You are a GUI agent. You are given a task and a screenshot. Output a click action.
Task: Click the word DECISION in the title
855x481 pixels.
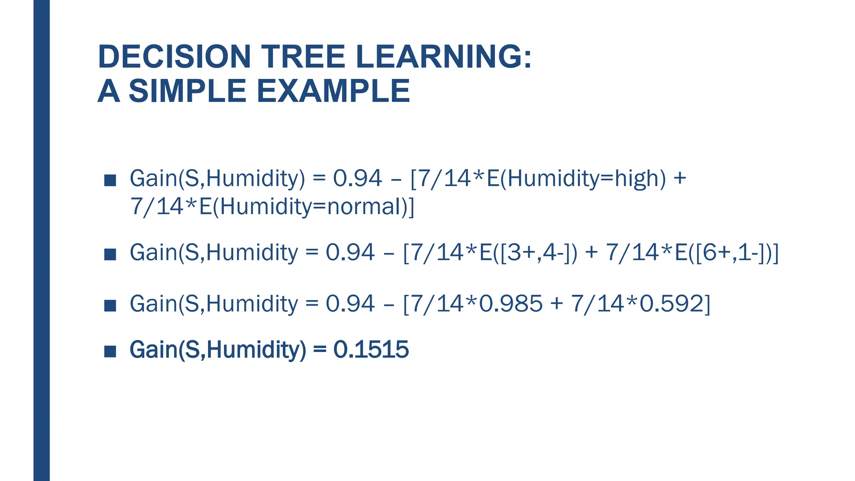(x=174, y=57)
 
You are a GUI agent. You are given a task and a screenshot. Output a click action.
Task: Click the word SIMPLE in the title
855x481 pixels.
(x=187, y=91)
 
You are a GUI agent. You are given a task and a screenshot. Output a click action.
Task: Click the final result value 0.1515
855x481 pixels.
(x=371, y=349)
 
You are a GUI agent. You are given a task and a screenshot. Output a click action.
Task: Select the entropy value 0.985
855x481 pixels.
(x=511, y=303)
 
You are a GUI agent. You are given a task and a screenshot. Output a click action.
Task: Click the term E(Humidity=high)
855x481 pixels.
(x=576, y=178)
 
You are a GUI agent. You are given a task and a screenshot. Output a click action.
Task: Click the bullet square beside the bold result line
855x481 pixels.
(x=110, y=351)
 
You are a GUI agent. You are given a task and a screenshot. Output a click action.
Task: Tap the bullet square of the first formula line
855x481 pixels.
(x=110, y=180)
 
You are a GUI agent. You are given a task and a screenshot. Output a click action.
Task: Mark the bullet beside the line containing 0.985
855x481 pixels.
(x=110, y=305)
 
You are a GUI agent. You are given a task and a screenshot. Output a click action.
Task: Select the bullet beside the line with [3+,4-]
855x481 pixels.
(x=110, y=254)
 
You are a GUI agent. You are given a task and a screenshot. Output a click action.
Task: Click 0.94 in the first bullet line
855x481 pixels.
(x=357, y=178)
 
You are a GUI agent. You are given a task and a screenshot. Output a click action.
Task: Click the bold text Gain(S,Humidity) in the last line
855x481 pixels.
(x=218, y=349)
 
